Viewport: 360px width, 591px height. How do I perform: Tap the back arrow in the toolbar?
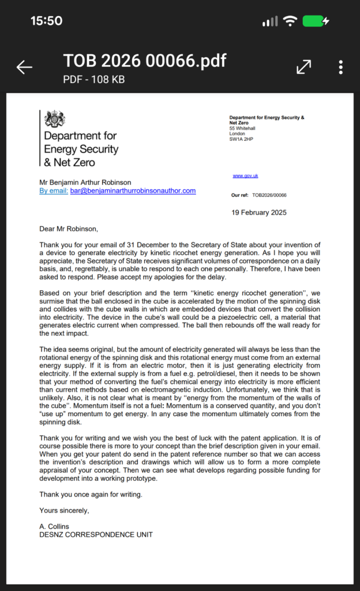24,68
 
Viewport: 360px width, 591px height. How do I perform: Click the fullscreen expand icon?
303,68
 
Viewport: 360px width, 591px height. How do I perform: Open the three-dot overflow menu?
341,68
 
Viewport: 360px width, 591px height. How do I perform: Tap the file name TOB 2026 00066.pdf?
144,61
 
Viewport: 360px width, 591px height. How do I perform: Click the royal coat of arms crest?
55,119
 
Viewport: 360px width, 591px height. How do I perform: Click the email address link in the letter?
133,190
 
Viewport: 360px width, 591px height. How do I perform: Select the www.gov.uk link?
245,175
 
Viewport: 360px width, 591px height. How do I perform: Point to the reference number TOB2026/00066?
269,196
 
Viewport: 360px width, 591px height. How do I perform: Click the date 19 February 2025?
259,212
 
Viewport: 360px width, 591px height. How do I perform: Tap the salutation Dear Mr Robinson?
69,229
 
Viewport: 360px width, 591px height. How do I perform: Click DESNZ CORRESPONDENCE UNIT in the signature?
96,534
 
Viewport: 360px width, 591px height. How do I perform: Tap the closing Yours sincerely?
64,510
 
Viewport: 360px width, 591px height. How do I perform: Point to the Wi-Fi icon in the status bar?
290,21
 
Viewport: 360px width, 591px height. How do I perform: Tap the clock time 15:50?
46,21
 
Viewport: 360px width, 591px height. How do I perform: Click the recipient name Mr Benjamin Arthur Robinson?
85,182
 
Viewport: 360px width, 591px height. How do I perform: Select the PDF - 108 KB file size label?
93,80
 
